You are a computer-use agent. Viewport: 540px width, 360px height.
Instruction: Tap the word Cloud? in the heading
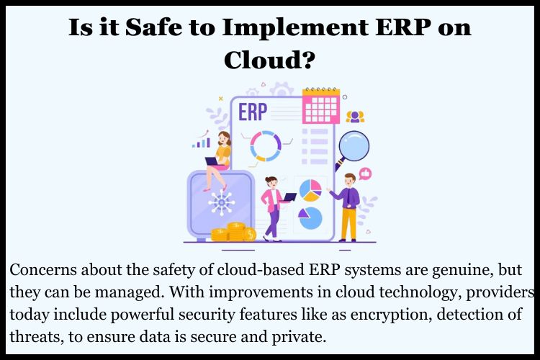pyautogui.click(x=269, y=60)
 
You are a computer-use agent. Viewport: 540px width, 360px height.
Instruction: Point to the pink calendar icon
pyautogui.click(x=320, y=106)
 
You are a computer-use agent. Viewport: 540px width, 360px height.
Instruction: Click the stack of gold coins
pyautogui.click(x=234, y=232)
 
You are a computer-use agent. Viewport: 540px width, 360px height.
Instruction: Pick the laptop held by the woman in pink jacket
pyautogui.click(x=288, y=197)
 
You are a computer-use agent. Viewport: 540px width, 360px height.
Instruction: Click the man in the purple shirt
pyautogui.click(x=348, y=205)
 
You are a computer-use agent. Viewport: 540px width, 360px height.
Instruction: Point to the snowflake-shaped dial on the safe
pyautogui.click(x=220, y=202)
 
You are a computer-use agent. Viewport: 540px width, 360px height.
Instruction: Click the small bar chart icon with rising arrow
pyautogui.click(x=202, y=140)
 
